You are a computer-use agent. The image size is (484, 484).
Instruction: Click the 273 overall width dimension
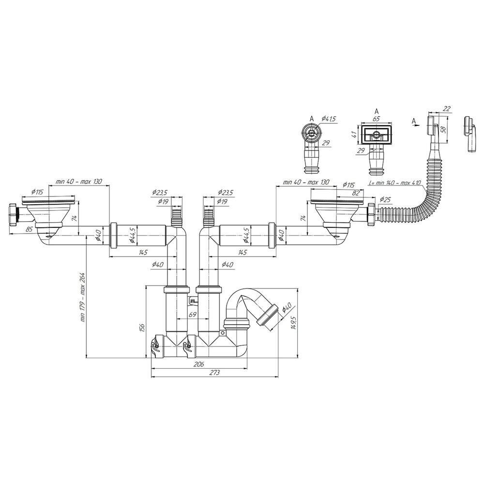(214, 373)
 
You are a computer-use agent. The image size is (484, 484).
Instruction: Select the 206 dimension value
(198, 364)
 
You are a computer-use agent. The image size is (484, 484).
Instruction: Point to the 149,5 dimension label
(294, 323)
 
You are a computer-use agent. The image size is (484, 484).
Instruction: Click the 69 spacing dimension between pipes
(193, 315)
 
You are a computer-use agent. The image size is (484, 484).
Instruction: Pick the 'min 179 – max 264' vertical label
(83, 297)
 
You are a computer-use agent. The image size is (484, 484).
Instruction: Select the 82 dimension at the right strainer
(356, 193)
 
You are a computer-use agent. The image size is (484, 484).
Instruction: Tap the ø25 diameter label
(385, 199)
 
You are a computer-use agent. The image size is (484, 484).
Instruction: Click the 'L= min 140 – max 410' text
(395, 183)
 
